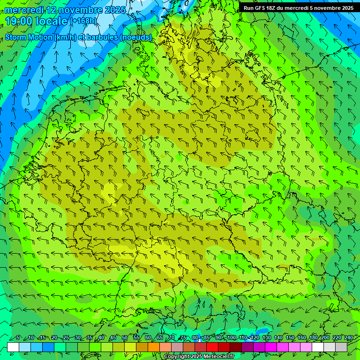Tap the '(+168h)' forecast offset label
[x=84, y=21]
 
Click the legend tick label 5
[x=17, y=338]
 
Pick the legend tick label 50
[x=124, y=338]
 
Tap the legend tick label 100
[x=231, y=338]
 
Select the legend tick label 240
[x=348, y=338]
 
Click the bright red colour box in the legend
[x=212, y=347]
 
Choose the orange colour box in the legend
[x=142, y=347]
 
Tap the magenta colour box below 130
[x=271, y=347]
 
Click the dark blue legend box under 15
[x=48, y=347]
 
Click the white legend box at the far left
[x=13, y=347]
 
